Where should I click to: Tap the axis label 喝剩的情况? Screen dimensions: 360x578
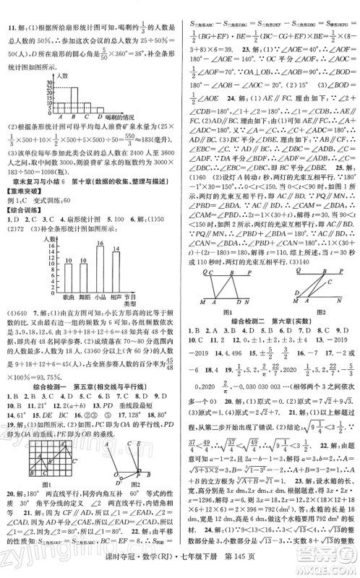click(x=118, y=116)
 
